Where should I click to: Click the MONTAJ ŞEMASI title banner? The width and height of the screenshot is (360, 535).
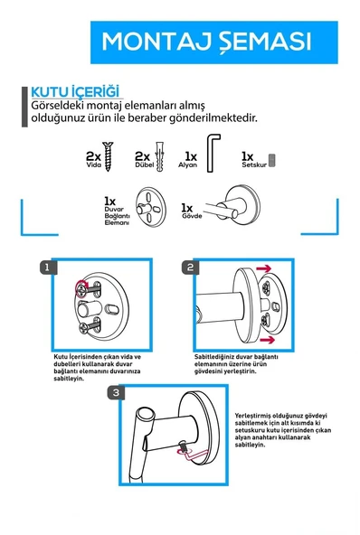pyautogui.click(x=214, y=42)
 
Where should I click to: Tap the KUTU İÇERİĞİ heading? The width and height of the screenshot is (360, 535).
pyautogui.click(x=75, y=92)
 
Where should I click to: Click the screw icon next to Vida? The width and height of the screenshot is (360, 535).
pyautogui.click(x=109, y=156)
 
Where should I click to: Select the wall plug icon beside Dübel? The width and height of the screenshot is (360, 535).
pyautogui.click(x=159, y=156)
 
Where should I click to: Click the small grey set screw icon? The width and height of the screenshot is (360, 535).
pyautogui.click(x=272, y=160)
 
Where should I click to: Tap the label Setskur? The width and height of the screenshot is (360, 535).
pyautogui.click(x=254, y=165)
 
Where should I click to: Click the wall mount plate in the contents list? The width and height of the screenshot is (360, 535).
pyautogui.click(x=150, y=207)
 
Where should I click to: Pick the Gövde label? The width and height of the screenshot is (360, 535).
pyautogui.click(x=192, y=216)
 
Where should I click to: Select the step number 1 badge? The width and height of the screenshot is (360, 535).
pyautogui.click(x=47, y=267)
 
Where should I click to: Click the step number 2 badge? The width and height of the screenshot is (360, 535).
pyautogui.click(x=190, y=267)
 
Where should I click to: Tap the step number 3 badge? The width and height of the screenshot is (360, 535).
pyautogui.click(x=116, y=393)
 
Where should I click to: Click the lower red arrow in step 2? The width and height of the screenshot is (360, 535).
pyautogui.click(x=267, y=340)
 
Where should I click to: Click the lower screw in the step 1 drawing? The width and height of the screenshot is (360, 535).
pyautogui.click(x=90, y=327)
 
